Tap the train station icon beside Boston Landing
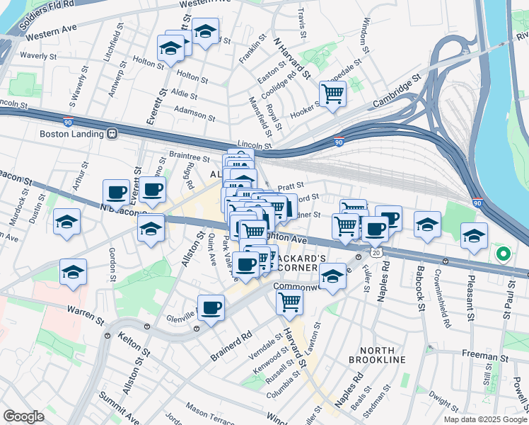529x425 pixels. point(112,133)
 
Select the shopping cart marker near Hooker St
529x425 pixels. point(332,92)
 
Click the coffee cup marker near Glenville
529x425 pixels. point(211,308)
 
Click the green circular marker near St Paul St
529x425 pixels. point(503,254)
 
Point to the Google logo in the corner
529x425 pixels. point(23,416)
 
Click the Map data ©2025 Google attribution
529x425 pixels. point(485,419)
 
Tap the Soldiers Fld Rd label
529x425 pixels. point(47,15)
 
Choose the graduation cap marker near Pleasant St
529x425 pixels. point(474,236)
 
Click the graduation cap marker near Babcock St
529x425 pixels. point(427,225)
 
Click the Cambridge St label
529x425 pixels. point(397,89)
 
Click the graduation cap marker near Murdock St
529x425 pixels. point(66,222)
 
